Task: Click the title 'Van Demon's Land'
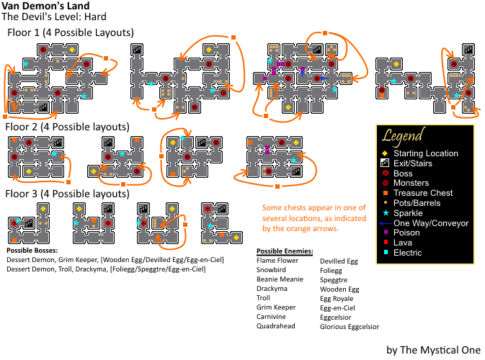pyautogui.click(x=45, y=6)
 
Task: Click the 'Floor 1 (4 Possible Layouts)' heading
pyautogui.click(x=71, y=32)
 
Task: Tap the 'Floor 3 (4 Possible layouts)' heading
pyautogui.click(x=67, y=194)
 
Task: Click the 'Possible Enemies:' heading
pyautogui.click(x=285, y=251)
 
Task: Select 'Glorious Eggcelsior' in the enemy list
pyautogui.click(x=350, y=327)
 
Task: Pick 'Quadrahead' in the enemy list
pyautogui.click(x=275, y=325)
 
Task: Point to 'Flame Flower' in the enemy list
pyautogui.click(x=277, y=261)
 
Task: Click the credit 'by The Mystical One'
pyautogui.click(x=433, y=350)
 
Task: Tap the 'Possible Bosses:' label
pyautogui.click(x=32, y=251)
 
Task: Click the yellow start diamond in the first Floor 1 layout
pyautogui.click(x=72, y=50)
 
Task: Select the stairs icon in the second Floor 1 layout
pyautogui.click(x=136, y=49)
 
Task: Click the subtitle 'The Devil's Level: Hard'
pyautogui.click(x=54, y=17)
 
